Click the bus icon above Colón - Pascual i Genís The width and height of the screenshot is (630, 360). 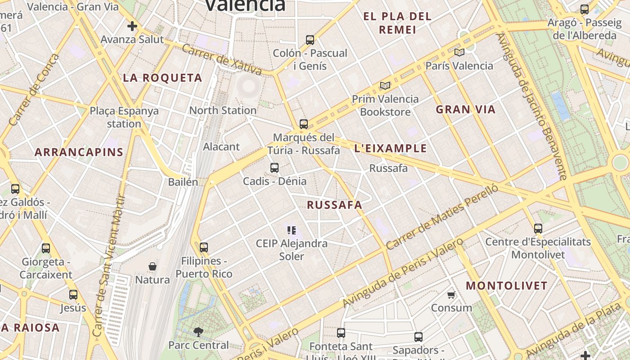(x=310, y=40)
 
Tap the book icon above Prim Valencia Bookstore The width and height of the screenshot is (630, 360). (x=385, y=85)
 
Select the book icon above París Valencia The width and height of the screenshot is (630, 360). (x=459, y=52)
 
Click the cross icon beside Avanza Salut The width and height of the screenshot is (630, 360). (x=132, y=26)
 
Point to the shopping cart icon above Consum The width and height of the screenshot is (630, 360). (x=451, y=295)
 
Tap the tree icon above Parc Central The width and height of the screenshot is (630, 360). (x=198, y=332)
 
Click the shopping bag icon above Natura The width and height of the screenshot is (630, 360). (x=153, y=266)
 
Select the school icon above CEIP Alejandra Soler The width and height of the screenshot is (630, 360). (x=291, y=230)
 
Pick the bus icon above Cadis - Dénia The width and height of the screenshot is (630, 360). (x=274, y=168)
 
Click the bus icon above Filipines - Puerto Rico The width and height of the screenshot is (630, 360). (x=204, y=247)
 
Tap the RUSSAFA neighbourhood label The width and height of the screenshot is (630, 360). (x=334, y=205)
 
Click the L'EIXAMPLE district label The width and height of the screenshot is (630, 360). (x=391, y=148)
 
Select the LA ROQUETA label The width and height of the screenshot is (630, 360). (x=162, y=78)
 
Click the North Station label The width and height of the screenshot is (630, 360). (x=223, y=110)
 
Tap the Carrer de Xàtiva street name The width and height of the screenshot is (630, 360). (x=222, y=59)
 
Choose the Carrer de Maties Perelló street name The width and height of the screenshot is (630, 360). (x=442, y=217)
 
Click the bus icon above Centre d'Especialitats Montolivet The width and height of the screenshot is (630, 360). (x=538, y=228)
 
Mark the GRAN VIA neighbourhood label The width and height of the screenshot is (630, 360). (x=466, y=109)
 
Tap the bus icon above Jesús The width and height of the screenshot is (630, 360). (x=73, y=295)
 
